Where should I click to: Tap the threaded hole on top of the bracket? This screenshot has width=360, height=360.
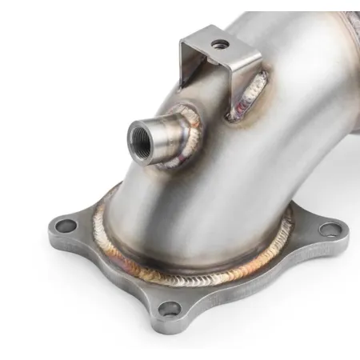pyautogui.click(x=217, y=42)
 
